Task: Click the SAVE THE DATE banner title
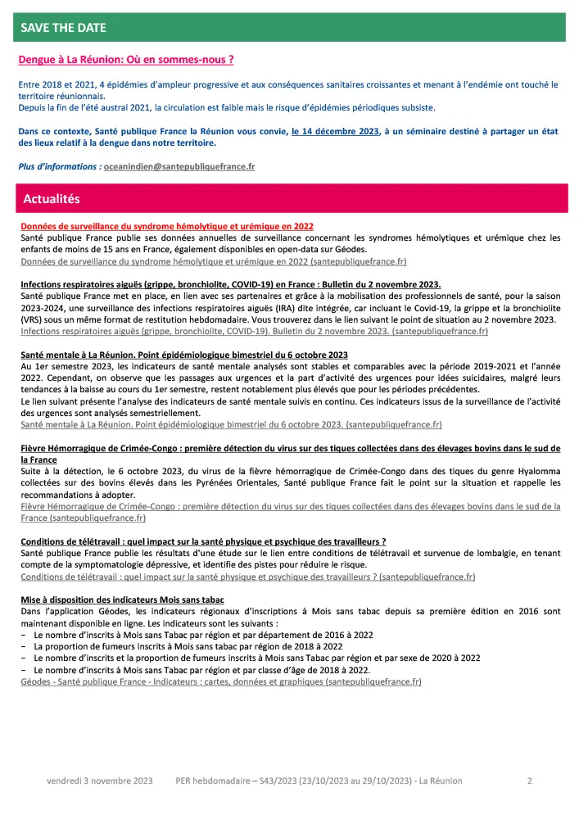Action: pos(64,28)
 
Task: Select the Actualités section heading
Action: pos(52,199)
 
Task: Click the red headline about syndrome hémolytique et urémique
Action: pos(167,226)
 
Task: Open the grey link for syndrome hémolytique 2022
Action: pos(213,261)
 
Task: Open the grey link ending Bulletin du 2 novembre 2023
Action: pos(254,332)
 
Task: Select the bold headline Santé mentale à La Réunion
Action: pos(184,354)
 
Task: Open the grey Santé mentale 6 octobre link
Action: pos(231,425)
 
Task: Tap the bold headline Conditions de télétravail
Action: pos(202,541)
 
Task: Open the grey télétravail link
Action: pos(247,577)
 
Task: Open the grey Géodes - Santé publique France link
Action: pos(221,681)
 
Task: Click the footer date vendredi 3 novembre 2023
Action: pos(101,781)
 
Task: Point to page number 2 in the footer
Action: pos(530,781)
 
